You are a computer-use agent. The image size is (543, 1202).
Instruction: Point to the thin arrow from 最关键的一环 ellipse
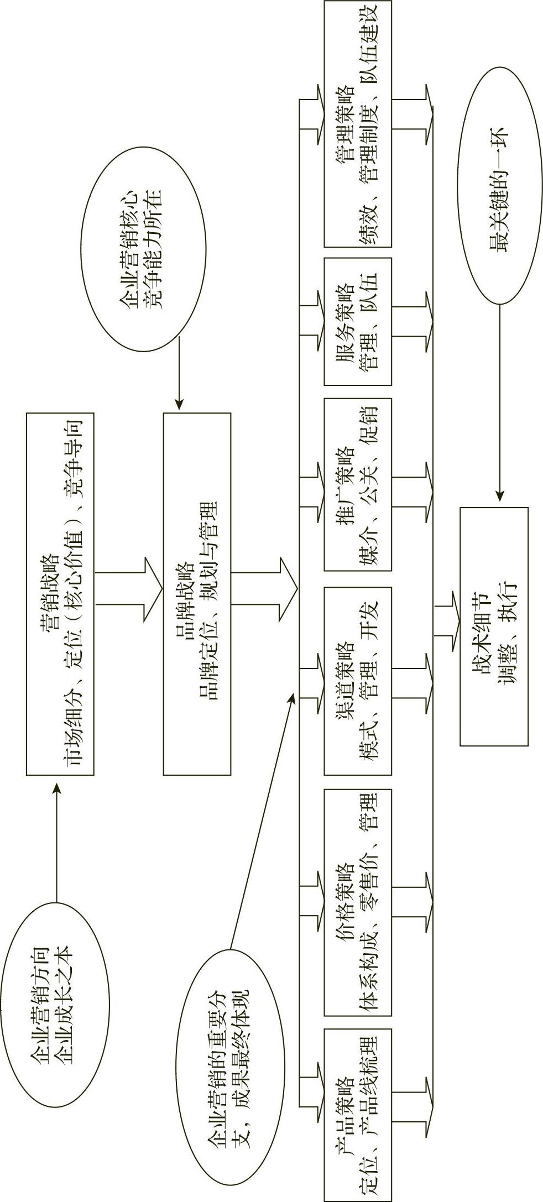coord(500,404)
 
